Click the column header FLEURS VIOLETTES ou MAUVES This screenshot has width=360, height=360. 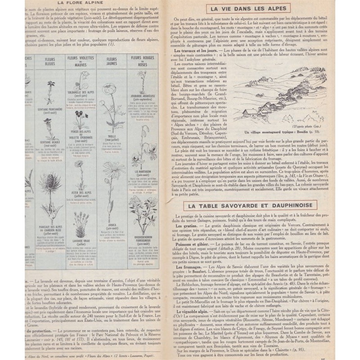tap(81, 61)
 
